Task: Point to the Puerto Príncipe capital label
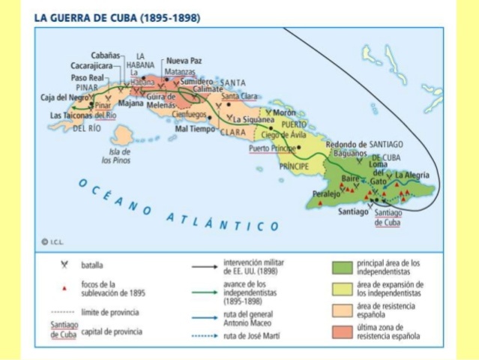pos(273,148)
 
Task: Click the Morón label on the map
pos(284,112)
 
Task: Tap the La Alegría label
pos(413,175)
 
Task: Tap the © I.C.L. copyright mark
pos(55,241)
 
